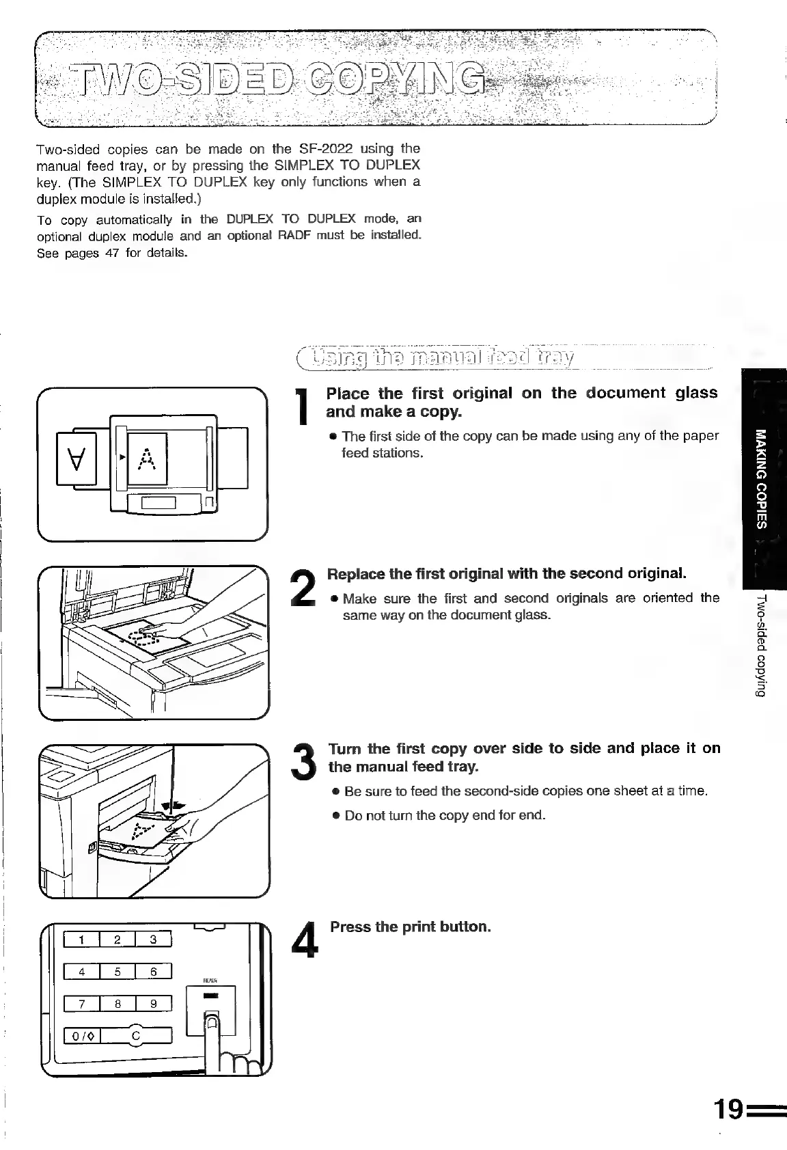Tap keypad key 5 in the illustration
117,972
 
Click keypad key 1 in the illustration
81,940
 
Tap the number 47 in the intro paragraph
107,253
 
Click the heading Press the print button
411,927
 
